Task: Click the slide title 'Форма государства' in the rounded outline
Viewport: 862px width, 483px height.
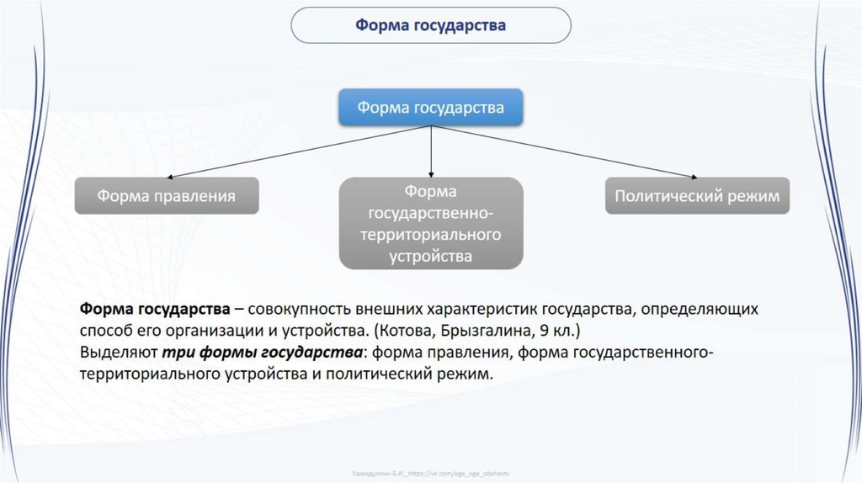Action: pos(430,25)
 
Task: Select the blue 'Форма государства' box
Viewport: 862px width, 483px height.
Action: pos(431,108)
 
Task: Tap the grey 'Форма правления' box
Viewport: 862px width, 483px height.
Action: pos(166,196)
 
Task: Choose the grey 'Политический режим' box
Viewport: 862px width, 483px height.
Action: pos(697,196)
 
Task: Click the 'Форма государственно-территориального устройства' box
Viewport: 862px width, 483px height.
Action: pos(431,224)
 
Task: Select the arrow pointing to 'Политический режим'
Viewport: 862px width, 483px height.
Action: pos(564,152)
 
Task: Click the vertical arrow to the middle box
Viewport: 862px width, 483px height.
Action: pos(431,151)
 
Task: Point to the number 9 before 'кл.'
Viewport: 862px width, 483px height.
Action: pos(535,329)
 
